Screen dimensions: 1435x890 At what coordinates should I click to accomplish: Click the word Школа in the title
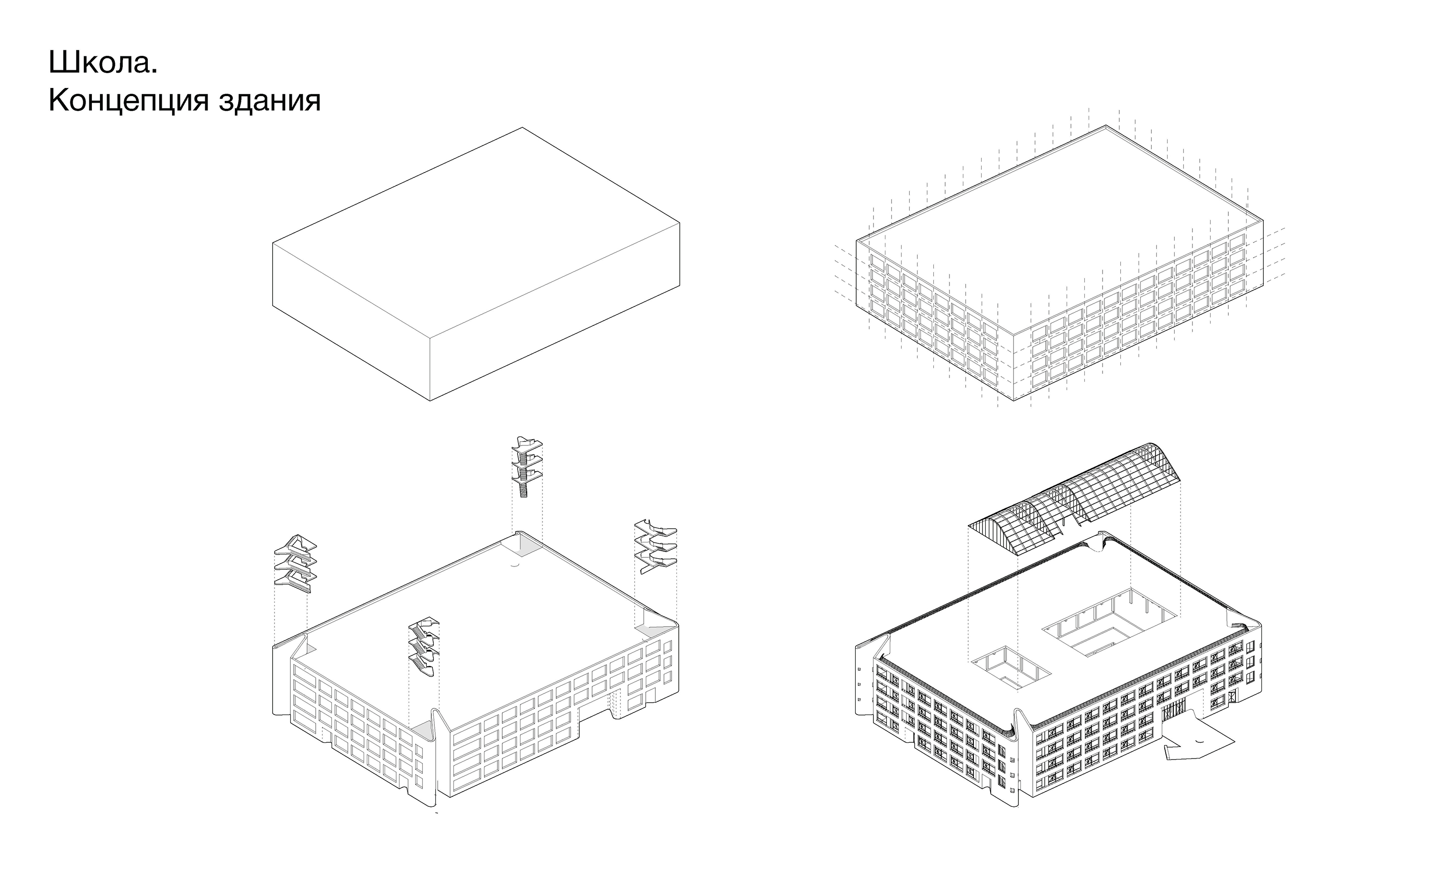click(x=100, y=63)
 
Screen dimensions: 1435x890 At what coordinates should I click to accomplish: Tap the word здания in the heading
click(x=270, y=101)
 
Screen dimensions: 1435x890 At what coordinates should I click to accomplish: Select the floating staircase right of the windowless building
click(x=655, y=546)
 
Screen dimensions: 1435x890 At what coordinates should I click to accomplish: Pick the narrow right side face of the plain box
click(x=555, y=312)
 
